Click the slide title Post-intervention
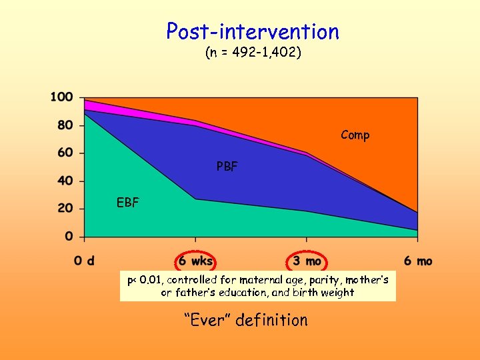click(x=253, y=31)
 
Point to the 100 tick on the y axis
click(x=61, y=97)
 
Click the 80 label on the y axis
click(x=65, y=125)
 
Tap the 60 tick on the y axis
click(x=65, y=153)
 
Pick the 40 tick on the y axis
click(x=65, y=181)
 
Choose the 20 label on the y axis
click(x=65, y=209)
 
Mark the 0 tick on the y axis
click(x=69, y=237)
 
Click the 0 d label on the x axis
click(x=84, y=261)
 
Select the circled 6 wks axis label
click(x=195, y=261)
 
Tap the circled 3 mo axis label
click(x=307, y=261)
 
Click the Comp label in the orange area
click(x=355, y=135)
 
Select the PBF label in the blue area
click(x=227, y=167)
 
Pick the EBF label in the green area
click(x=127, y=203)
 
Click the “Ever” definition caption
click(x=245, y=320)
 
